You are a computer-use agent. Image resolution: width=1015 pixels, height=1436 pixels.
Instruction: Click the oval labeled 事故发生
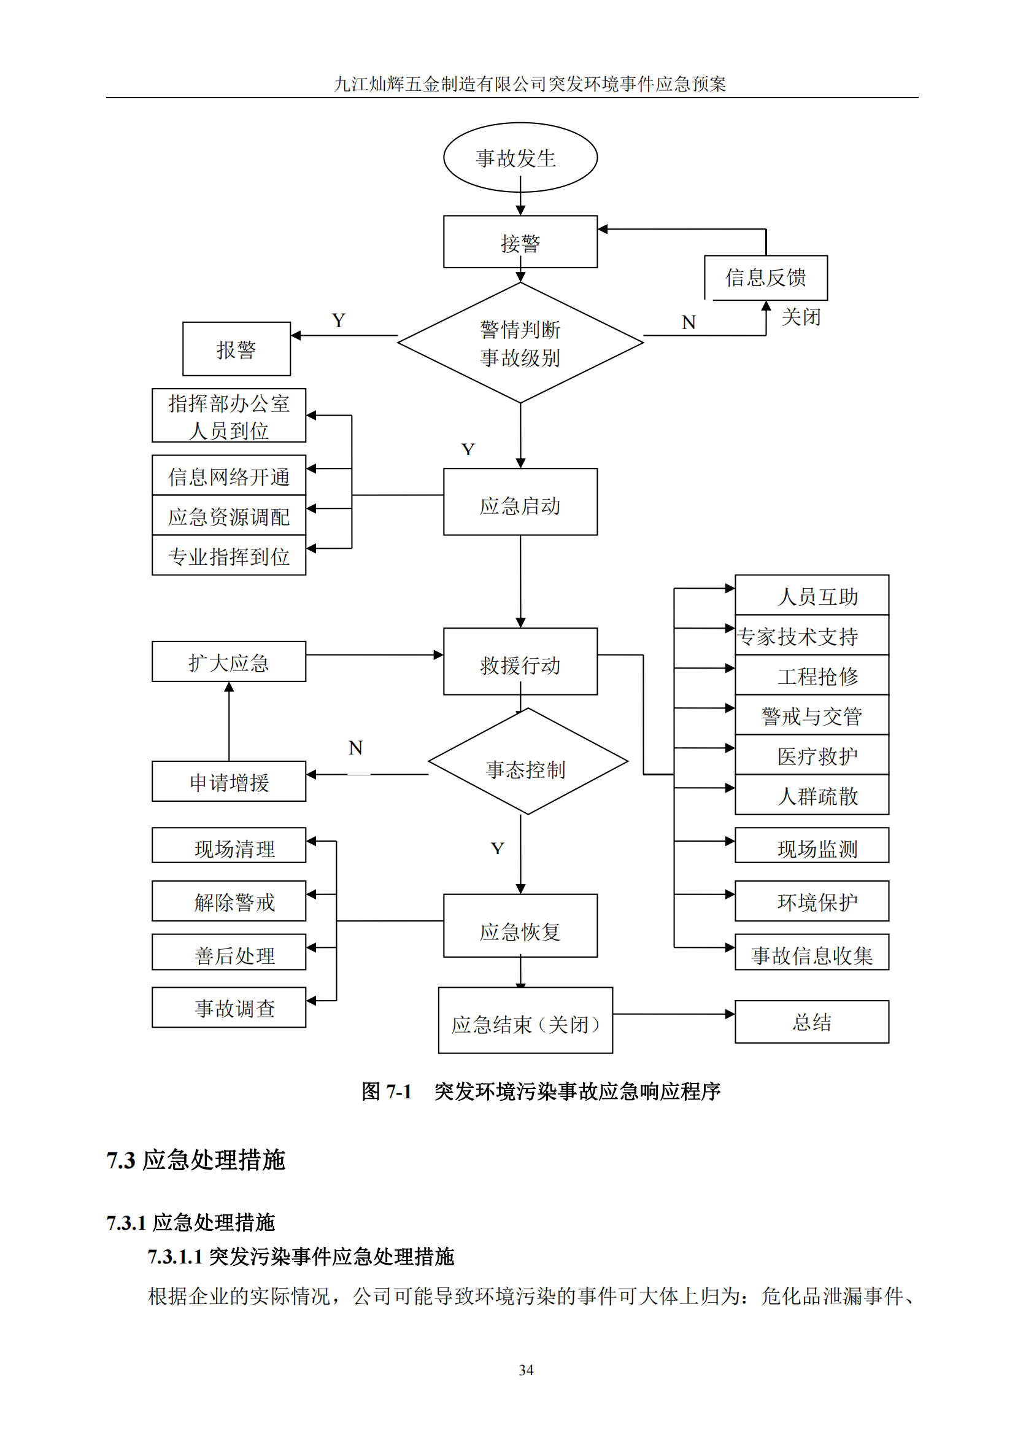[x=520, y=158]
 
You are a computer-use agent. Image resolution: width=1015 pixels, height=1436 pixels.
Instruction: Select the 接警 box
[x=520, y=242]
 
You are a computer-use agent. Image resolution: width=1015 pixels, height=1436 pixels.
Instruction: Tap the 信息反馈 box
[x=766, y=277]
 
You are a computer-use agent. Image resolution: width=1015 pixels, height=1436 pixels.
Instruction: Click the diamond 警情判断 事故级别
[x=520, y=343]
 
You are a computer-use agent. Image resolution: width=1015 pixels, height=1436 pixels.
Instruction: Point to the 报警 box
[x=236, y=349]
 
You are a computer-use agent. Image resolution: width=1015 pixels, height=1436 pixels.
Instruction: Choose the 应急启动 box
[x=520, y=502]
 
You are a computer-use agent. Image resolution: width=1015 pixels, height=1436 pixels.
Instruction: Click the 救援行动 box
[x=520, y=662]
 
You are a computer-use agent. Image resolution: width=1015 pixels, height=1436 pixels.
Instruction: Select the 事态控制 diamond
[x=527, y=762]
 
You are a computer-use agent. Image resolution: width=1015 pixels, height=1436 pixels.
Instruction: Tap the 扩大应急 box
[x=229, y=662]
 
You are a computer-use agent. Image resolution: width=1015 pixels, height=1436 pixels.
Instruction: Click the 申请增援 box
[x=229, y=782]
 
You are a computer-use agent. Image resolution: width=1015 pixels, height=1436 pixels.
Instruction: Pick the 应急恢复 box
[x=520, y=926]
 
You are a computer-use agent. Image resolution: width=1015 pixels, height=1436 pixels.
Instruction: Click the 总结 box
[x=812, y=1022]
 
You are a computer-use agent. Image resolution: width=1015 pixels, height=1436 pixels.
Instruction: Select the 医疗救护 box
[x=812, y=756]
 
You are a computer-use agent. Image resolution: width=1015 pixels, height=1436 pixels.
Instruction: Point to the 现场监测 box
[x=812, y=845]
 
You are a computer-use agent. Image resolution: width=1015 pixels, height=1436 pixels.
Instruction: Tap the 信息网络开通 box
[x=229, y=476]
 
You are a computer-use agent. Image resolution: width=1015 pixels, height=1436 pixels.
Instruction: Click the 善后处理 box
[x=229, y=952]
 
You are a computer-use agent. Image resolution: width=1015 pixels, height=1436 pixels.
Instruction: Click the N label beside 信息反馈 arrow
[x=689, y=323]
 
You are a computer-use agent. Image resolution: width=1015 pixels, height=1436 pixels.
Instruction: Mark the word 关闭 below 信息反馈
[x=801, y=317]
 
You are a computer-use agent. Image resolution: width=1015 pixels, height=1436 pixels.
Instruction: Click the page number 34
[x=527, y=1370]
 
